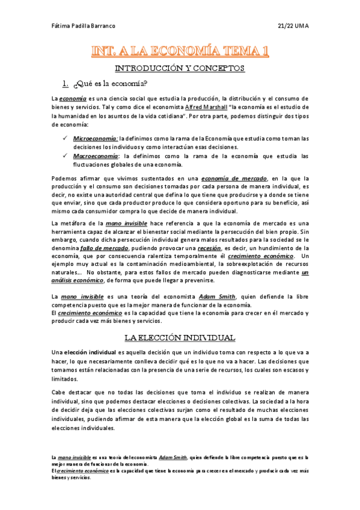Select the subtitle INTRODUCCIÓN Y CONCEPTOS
(180, 69)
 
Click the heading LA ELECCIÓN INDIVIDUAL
(180, 337)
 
